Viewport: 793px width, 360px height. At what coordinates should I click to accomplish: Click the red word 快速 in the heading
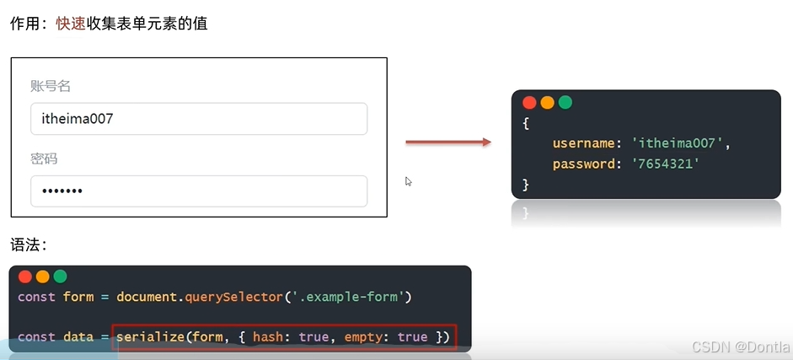point(71,24)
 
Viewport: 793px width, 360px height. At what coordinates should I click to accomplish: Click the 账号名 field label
point(50,86)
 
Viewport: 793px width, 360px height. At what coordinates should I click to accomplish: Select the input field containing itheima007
point(199,119)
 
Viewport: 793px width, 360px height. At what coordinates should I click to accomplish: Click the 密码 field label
point(44,159)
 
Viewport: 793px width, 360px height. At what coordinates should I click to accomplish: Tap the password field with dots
point(199,191)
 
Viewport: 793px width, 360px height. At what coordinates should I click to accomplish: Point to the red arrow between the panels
point(447,142)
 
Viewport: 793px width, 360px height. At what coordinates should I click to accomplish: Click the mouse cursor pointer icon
point(409,181)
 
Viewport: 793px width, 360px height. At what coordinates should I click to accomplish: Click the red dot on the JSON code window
point(529,103)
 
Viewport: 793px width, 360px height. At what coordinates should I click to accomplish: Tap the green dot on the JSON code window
point(565,103)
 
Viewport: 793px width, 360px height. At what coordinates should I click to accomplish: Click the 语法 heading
point(28,244)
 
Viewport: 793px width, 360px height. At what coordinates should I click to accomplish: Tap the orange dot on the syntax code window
point(42,277)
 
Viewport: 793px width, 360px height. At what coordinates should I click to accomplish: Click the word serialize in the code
point(149,337)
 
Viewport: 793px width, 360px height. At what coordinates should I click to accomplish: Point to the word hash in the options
point(269,337)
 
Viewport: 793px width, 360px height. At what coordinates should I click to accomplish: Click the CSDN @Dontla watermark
point(741,347)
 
